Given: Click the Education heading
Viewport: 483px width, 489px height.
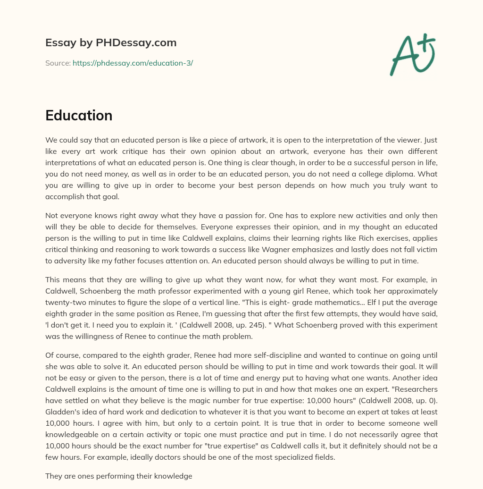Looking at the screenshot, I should click(x=79, y=116).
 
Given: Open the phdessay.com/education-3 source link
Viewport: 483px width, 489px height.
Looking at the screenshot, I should click(x=133, y=63).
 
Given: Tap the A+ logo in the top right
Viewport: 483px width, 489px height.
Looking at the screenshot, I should click(x=412, y=55).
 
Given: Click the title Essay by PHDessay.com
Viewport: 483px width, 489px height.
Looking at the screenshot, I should click(x=111, y=43).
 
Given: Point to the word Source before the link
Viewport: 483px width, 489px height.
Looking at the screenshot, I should click(x=58, y=63).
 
